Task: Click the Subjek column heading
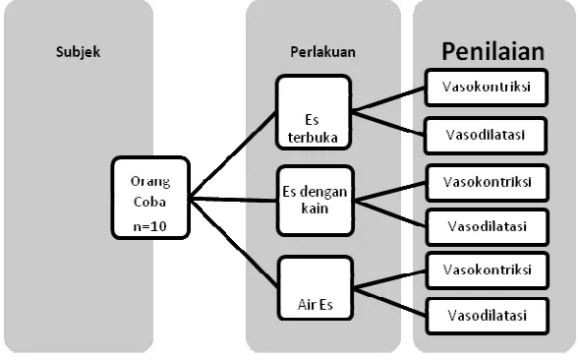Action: point(79,52)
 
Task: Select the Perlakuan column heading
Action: point(322,52)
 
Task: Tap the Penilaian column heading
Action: point(492,51)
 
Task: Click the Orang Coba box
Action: point(150,198)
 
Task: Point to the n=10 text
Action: point(150,226)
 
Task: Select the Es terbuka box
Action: point(314,112)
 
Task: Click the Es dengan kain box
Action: point(316,201)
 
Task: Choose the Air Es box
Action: point(316,287)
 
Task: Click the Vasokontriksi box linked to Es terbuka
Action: point(487,88)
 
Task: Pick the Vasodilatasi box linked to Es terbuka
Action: point(486,136)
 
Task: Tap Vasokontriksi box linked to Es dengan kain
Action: point(488,183)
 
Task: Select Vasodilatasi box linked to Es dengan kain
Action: point(488,227)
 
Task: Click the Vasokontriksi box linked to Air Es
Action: point(488,270)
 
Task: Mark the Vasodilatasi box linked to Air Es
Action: point(488,316)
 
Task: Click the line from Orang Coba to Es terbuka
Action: point(233,155)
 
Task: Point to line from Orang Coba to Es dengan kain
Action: point(233,200)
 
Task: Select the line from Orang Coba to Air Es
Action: point(234,243)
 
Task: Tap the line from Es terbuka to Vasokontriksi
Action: point(388,98)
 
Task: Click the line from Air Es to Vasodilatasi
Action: point(389,302)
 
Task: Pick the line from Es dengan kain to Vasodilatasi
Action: point(390,214)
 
